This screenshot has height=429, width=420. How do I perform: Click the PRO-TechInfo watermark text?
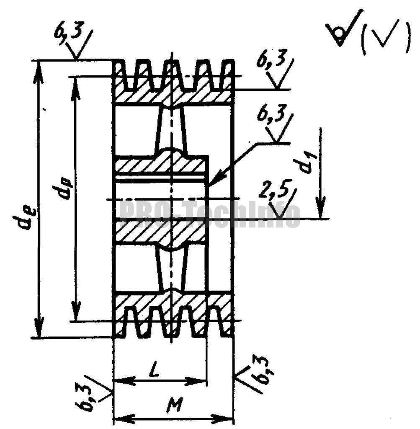coord(209,214)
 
